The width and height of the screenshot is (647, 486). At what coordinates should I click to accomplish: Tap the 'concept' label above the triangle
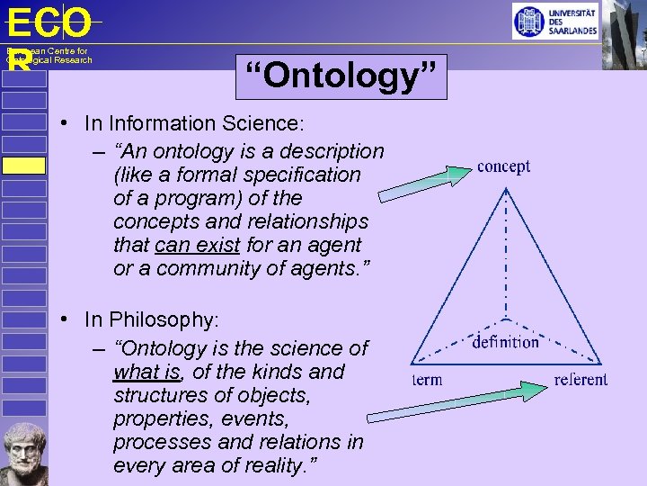503,166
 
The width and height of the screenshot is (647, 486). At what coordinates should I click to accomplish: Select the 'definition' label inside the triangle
505,341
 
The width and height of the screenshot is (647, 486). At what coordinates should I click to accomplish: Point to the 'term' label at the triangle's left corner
427,379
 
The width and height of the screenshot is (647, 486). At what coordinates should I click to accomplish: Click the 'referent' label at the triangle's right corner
581,379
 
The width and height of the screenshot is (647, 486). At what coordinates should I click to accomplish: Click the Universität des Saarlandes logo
555,21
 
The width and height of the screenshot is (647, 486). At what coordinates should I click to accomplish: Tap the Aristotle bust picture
23,451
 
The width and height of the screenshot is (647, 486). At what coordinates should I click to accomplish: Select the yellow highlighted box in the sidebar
23,166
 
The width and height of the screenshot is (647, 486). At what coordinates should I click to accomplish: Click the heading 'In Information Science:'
195,122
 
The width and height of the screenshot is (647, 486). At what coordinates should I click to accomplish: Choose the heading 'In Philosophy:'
152,319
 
